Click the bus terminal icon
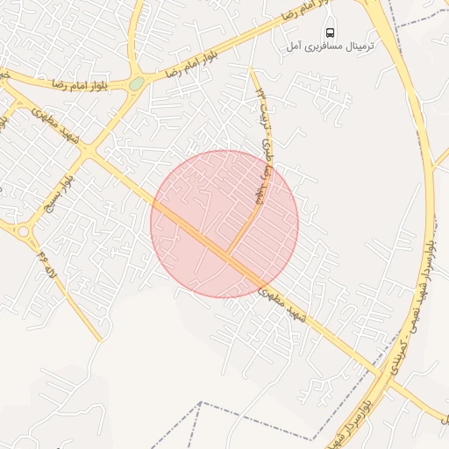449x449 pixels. [330, 32]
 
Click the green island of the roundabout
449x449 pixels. [137, 84]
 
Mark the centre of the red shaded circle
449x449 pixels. [224, 224]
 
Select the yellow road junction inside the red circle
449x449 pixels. [228, 254]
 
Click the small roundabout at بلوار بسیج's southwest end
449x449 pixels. [23, 232]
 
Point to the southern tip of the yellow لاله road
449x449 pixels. [101, 339]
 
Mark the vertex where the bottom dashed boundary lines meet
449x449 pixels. [202, 403]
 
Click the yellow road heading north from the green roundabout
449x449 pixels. [133, 35]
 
